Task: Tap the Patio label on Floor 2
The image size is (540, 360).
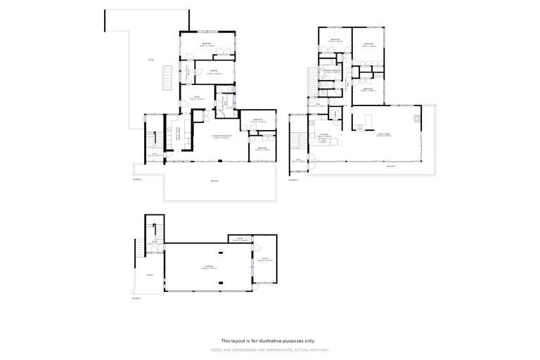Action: point(150,60)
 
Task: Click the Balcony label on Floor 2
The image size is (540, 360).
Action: point(214,181)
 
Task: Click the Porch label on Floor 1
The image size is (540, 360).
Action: point(141,276)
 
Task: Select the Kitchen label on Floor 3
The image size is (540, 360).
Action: point(325,134)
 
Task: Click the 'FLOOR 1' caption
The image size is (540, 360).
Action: point(136,299)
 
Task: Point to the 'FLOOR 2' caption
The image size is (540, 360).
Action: point(137,180)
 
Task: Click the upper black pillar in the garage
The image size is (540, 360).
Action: point(219,247)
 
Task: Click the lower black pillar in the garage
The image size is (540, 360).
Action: point(219,284)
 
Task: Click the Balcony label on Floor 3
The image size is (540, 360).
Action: point(391,167)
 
